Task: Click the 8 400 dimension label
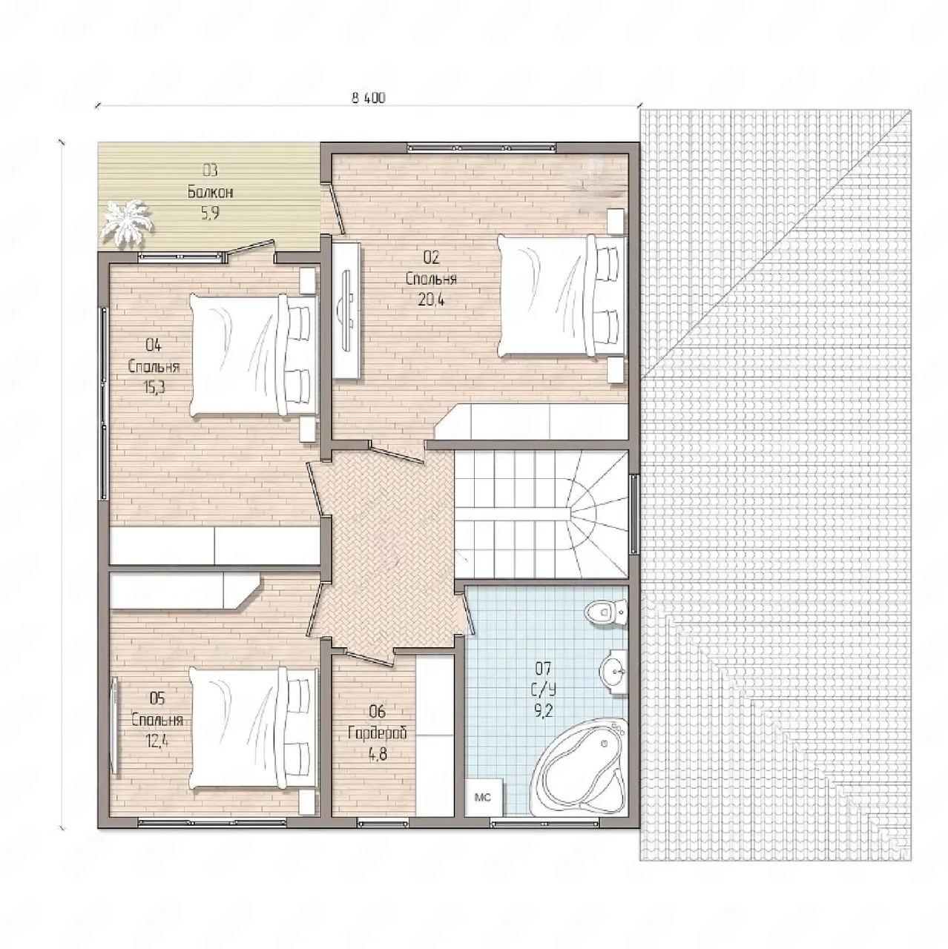click(x=369, y=98)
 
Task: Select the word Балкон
click(x=210, y=193)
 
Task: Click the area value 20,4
click(x=431, y=300)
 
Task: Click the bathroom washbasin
click(x=613, y=670)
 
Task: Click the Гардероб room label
click(x=378, y=733)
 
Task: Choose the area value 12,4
click(x=157, y=740)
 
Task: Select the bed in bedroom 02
click(x=562, y=296)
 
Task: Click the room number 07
click(x=544, y=668)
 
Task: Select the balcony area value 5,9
click(x=210, y=214)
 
